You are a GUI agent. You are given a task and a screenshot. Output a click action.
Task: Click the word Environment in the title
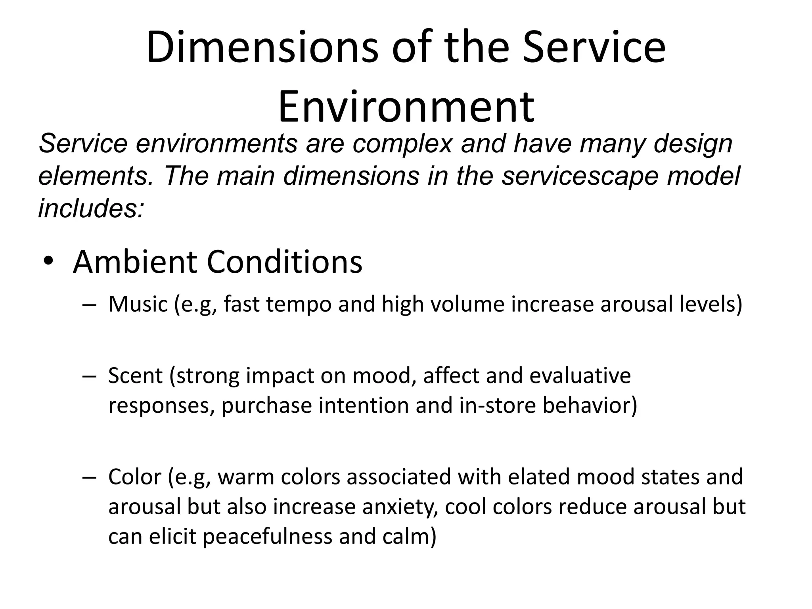coord(406,107)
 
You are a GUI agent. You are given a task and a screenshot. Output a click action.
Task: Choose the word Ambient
coord(135,262)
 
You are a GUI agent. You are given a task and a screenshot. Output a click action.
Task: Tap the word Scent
coord(135,375)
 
